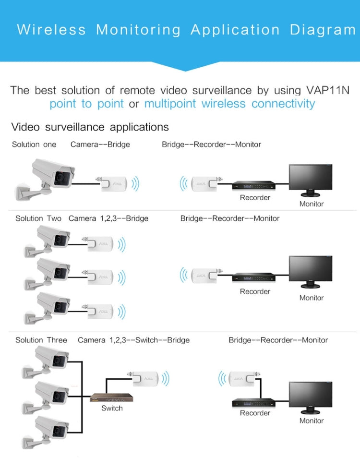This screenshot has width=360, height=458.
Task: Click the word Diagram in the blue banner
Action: tap(323, 30)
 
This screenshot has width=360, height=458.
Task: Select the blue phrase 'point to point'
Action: tap(86, 104)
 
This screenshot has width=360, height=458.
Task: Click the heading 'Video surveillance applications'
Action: tap(90, 127)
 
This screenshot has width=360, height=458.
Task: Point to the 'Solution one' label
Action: tap(34, 145)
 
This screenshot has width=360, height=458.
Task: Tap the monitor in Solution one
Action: tap(310, 180)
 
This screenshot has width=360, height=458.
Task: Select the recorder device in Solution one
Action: tap(254, 185)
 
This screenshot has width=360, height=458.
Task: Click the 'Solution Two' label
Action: tap(38, 218)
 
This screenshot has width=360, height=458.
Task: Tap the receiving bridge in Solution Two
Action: tap(203, 275)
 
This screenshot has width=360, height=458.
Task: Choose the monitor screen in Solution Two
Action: tap(310, 270)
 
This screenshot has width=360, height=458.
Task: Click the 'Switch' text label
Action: tap(112, 409)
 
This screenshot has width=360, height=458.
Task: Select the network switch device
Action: tap(112, 398)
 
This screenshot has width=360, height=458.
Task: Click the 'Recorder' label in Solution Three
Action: tap(255, 413)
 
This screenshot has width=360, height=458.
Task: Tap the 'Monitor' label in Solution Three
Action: tap(312, 421)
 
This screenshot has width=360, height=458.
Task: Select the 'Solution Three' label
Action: tap(41, 340)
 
